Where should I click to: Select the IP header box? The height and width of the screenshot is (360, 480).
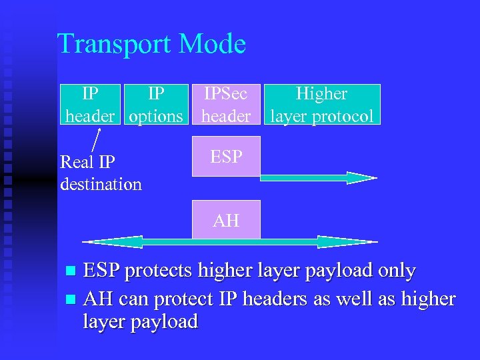click(89, 105)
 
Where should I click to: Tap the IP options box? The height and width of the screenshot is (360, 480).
click(156, 105)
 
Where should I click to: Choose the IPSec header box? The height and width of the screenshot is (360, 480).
click(226, 105)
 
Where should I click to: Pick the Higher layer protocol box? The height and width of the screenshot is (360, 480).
click(321, 105)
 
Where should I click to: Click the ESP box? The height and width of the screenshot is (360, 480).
click(226, 156)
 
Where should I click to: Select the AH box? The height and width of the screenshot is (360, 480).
click(226, 219)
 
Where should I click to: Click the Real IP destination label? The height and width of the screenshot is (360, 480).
click(100, 173)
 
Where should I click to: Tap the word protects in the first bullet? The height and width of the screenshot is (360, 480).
click(155, 271)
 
